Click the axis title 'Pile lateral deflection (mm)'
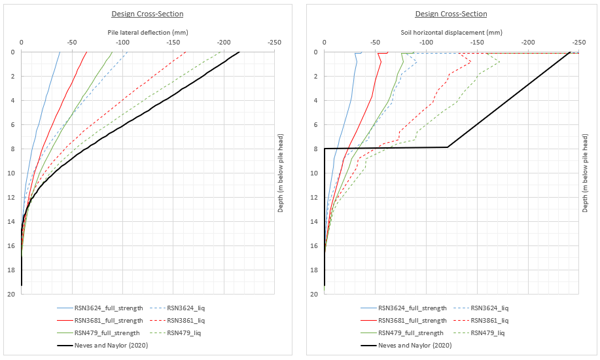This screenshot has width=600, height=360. [x=147, y=32]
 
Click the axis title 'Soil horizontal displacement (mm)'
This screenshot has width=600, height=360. [x=451, y=32]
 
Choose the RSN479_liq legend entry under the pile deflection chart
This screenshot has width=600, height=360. [x=186, y=333]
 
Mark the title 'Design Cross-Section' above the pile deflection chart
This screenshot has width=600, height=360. [x=147, y=14]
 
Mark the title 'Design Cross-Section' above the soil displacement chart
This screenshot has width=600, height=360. [x=451, y=14]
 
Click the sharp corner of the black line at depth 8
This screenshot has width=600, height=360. [x=448, y=147]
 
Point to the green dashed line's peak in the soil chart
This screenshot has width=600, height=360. [x=499, y=63]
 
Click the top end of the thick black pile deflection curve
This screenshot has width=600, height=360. [x=239, y=52]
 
